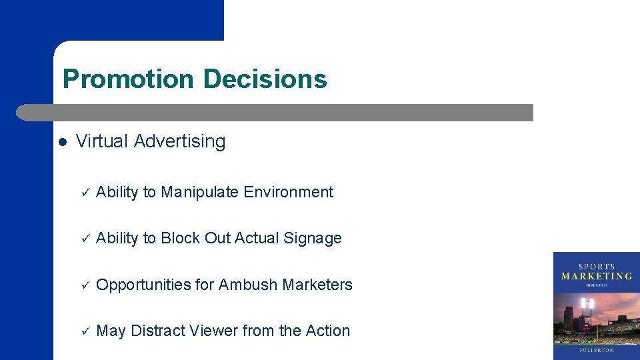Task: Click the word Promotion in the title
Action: coord(127,79)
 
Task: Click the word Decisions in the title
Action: coord(265,79)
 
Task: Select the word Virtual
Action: coord(102,141)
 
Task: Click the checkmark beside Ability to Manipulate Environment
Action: coord(85,193)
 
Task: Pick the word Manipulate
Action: coord(200,192)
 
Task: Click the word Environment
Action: coord(288,192)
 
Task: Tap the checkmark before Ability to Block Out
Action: coord(85,239)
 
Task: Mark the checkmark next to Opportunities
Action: coord(85,285)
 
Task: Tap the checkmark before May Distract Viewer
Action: coord(85,331)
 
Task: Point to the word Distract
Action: coord(159,331)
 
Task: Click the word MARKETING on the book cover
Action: coord(596,276)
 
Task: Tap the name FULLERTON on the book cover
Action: coord(597,349)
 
